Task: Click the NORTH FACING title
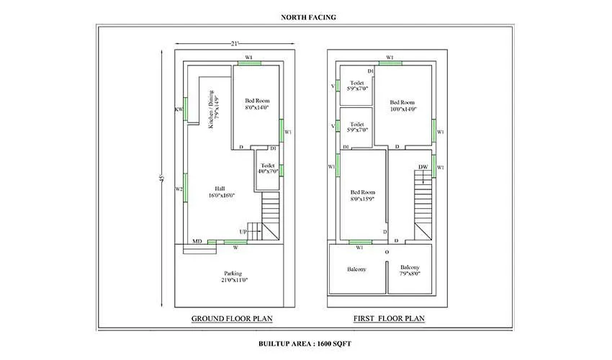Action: [305, 16]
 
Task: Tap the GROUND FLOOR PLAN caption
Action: [232, 318]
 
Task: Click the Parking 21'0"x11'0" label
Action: [233, 277]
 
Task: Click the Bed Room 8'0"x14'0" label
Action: [256, 104]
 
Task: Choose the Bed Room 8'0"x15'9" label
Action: [363, 196]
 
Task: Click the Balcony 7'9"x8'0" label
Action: [410, 270]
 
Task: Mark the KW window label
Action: [179, 110]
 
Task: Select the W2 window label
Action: [179, 189]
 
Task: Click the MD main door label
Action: [197, 241]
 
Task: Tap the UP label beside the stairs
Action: [243, 232]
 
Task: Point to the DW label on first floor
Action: [423, 168]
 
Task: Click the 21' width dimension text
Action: [234, 44]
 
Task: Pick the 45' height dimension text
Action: [163, 178]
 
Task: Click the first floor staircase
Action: [423, 205]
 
